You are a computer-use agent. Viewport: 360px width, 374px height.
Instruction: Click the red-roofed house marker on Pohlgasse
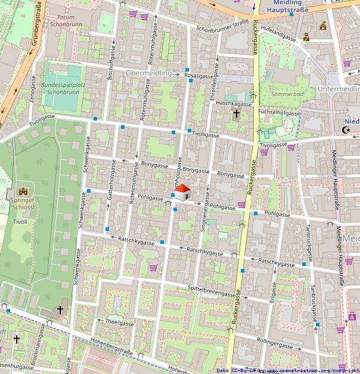click(x=182, y=192)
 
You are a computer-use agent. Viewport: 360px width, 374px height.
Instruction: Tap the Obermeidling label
click(x=148, y=73)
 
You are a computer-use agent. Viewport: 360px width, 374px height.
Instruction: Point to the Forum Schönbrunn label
click(x=66, y=21)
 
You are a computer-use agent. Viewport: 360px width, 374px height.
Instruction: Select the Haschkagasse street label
click(x=235, y=103)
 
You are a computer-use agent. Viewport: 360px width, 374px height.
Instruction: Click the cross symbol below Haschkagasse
click(x=237, y=113)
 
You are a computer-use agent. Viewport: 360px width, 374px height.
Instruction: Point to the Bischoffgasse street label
click(x=111, y=67)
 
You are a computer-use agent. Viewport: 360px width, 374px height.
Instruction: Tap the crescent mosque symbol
click(x=345, y=130)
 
